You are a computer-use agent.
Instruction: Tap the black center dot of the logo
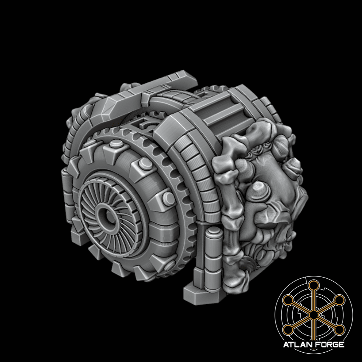[313, 315]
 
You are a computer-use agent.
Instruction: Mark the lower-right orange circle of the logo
[340, 330]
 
